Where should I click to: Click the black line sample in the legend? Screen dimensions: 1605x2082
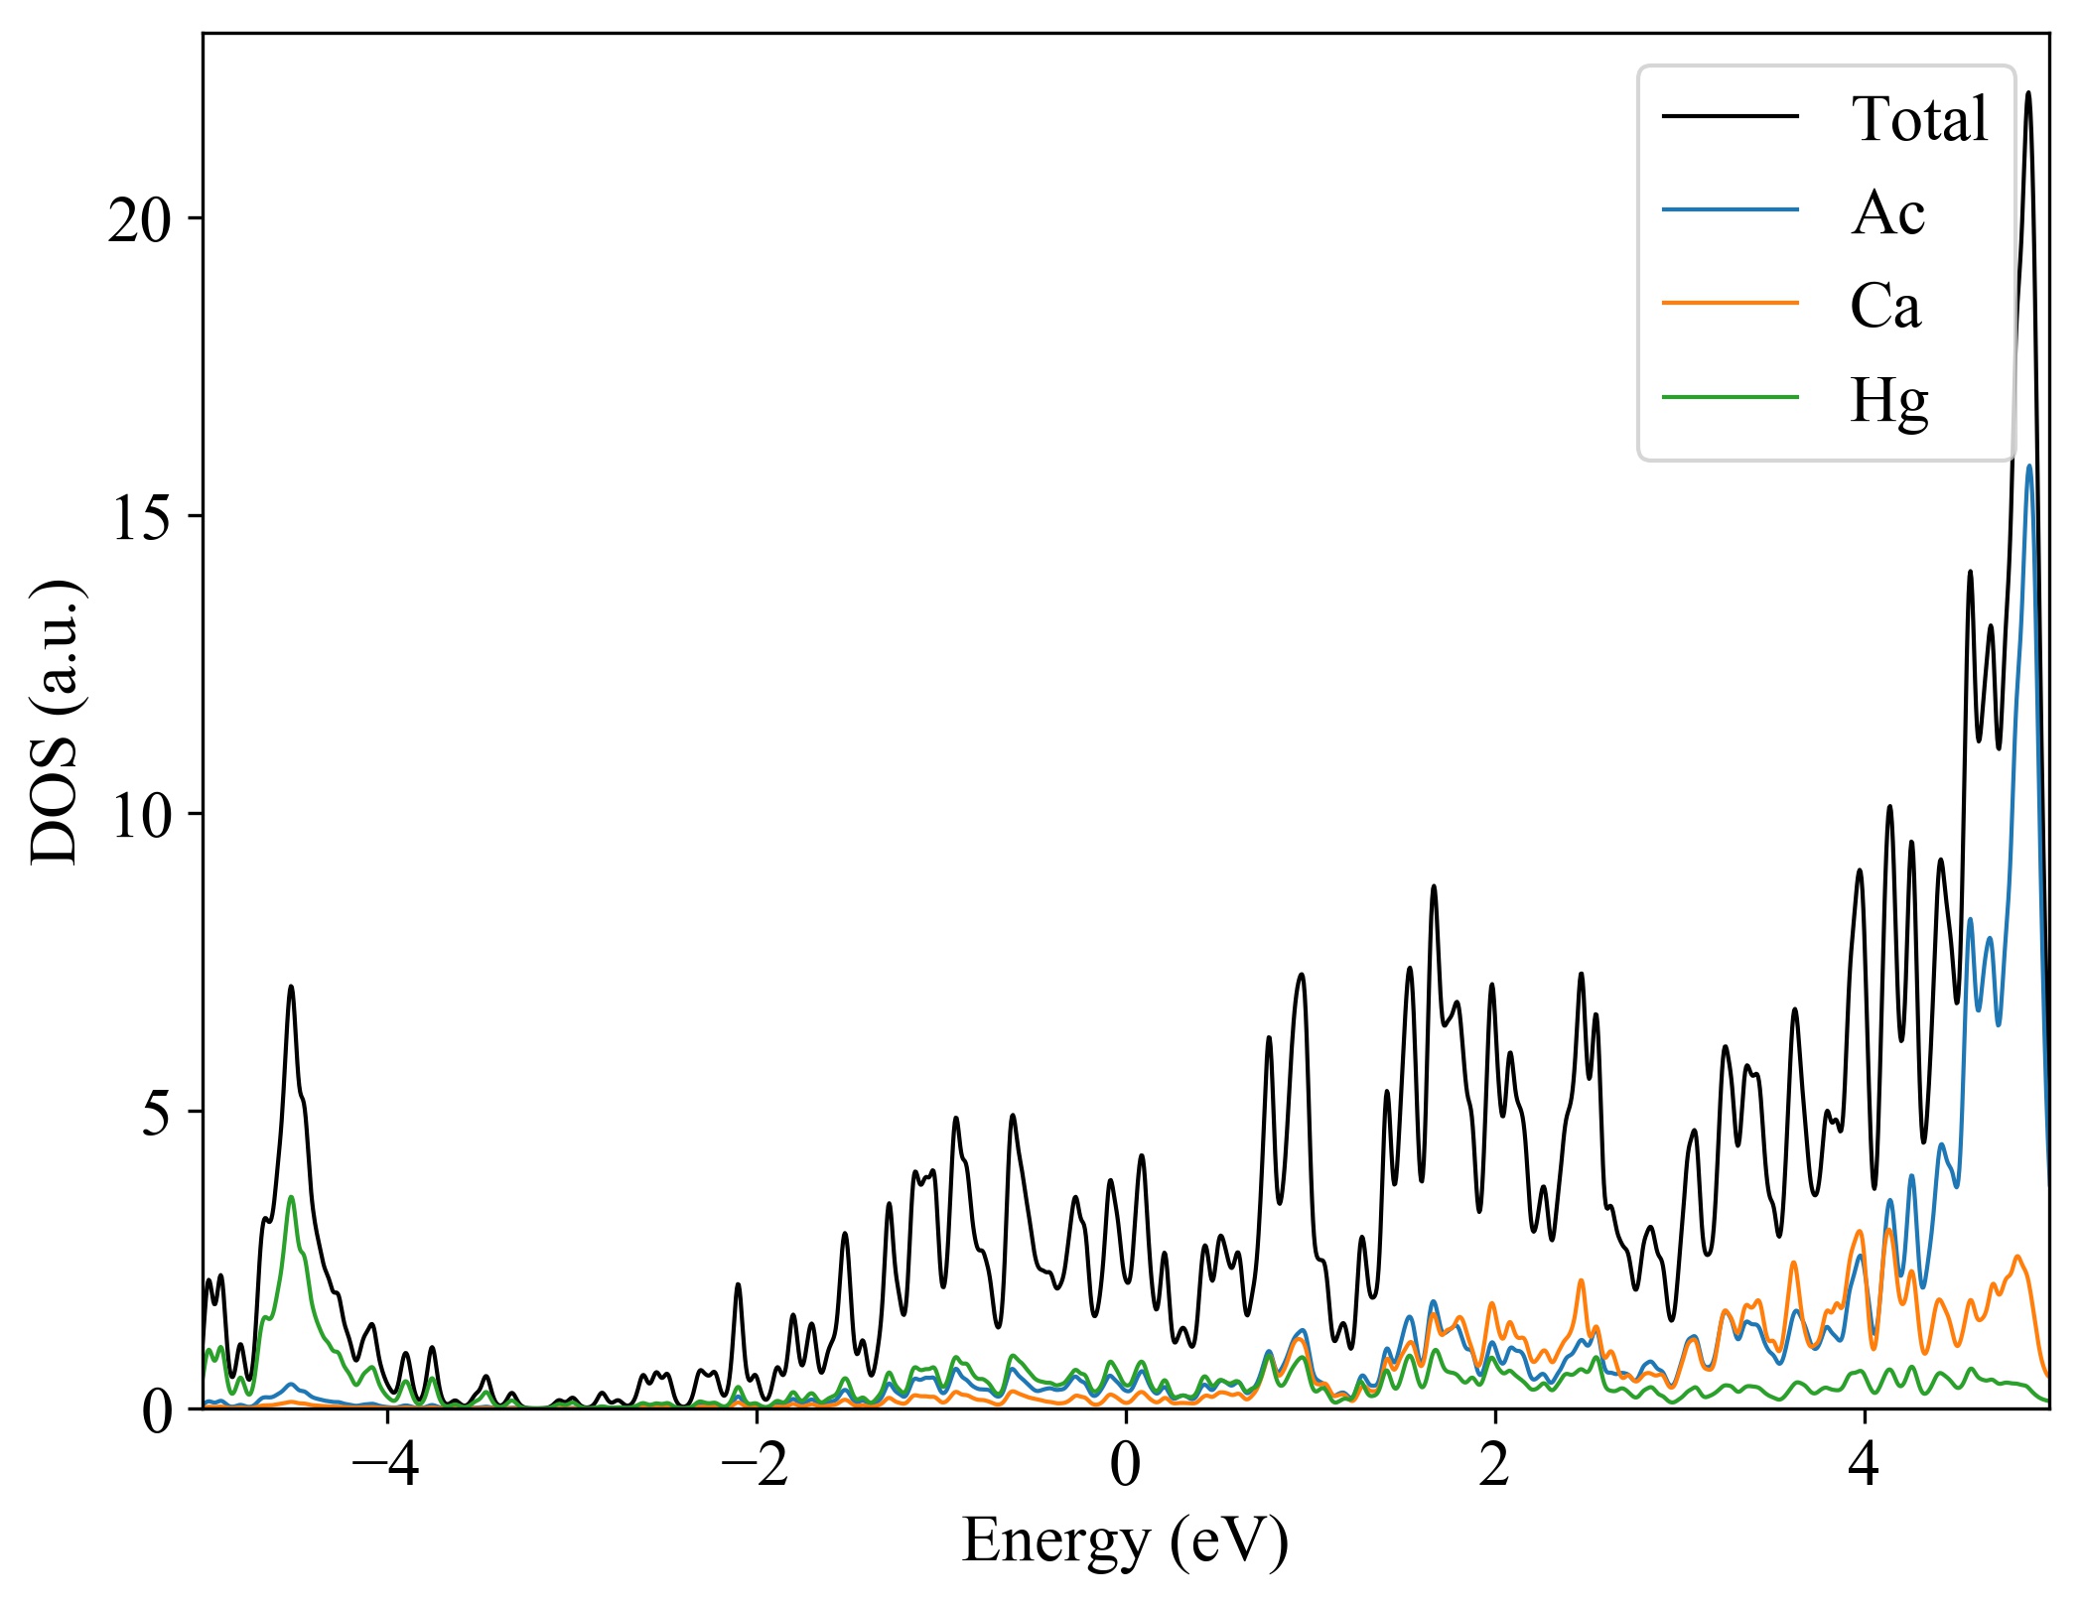click(1731, 117)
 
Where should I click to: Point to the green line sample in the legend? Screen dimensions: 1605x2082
click(1731, 398)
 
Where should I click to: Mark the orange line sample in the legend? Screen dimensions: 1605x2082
click(1731, 303)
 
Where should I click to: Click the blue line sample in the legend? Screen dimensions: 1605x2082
click(1731, 209)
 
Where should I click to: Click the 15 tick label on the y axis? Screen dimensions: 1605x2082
click(141, 518)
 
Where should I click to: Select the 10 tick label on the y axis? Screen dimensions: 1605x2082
click(141, 816)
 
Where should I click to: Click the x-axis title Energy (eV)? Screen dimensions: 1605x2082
click(1125, 1541)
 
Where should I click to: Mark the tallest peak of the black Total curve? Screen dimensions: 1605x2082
click(2028, 93)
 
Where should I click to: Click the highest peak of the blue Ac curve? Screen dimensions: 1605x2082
click(2029, 466)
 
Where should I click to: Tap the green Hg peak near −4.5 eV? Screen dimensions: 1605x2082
click(291, 1197)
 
